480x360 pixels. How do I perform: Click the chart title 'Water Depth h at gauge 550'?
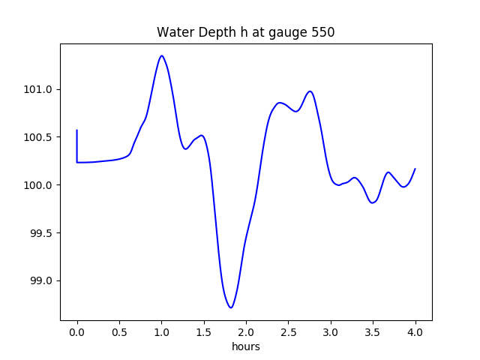click(245, 32)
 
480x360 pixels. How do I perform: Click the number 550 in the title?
click(322, 32)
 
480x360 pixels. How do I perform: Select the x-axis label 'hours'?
click(245, 347)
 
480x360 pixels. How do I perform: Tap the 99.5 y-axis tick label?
click(41, 233)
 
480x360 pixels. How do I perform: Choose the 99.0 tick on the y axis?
click(41, 281)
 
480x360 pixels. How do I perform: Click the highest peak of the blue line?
click(161, 55)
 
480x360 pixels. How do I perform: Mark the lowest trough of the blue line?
click(231, 307)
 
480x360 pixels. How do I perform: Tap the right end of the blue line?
click(415, 169)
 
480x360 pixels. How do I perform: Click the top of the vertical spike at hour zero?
click(77, 130)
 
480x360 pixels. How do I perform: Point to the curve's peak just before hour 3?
click(310, 91)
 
